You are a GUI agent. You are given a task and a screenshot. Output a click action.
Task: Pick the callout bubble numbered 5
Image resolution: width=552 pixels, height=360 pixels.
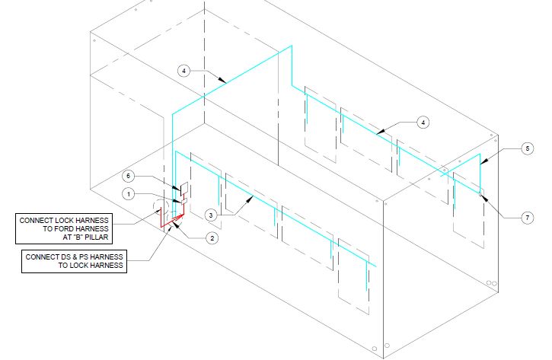(x=527, y=150)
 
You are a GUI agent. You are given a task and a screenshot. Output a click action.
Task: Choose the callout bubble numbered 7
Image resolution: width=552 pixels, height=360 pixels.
(x=527, y=217)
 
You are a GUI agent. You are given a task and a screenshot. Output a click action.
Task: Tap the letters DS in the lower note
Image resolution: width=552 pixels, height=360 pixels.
(x=67, y=256)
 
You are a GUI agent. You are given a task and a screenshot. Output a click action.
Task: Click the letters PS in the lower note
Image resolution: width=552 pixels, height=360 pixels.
(x=86, y=256)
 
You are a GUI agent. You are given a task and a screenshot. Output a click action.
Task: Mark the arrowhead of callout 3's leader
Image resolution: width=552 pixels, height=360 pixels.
(x=254, y=196)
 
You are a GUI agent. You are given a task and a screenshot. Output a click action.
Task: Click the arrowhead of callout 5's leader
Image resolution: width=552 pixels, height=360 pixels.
(x=481, y=162)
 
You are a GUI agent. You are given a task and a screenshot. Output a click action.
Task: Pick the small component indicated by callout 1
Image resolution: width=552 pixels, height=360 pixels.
(x=180, y=200)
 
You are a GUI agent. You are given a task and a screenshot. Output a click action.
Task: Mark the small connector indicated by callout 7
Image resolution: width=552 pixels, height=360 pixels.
(x=482, y=191)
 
